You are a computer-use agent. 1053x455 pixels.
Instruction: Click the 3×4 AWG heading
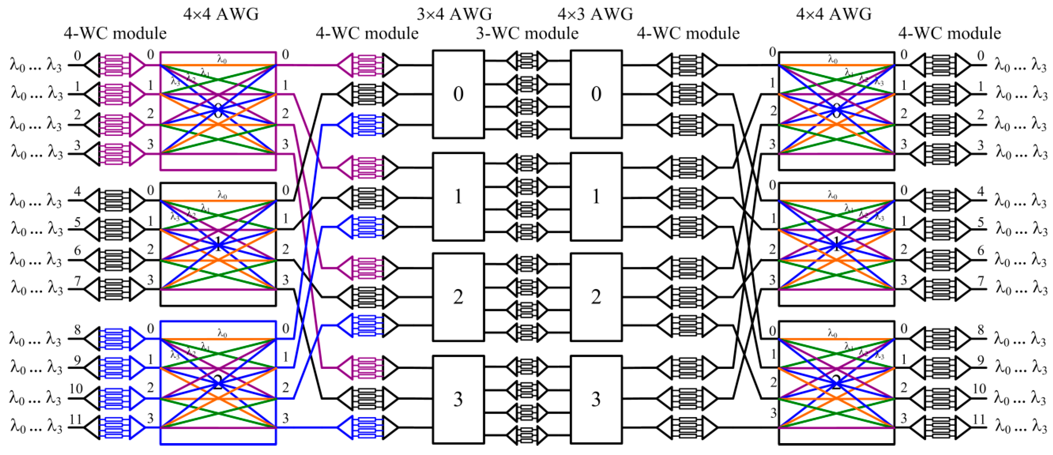pyautogui.click(x=454, y=14)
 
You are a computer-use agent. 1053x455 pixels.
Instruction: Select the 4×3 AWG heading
pyautogui.click(x=595, y=14)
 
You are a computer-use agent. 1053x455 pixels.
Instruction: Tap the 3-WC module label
pyautogui.click(x=527, y=33)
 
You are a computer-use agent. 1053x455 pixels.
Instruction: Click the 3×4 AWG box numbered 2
pyautogui.click(x=458, y=297)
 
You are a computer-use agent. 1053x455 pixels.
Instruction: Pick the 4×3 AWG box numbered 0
pyautogui.click(x=596, y=94)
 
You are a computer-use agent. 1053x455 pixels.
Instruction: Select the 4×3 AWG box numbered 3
pyautogui.click(x=596, y=399)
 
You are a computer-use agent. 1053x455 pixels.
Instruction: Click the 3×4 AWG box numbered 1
pyautogui.click(x=458, y=197)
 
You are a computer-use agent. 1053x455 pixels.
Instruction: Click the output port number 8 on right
pyautogui.click(x=981, y=330)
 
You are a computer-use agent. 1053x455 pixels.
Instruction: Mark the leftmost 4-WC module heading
pyautogui.click(x=115, y=33)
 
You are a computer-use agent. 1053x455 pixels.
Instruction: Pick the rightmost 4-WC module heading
pyautogui.click(x=949, y=33)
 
